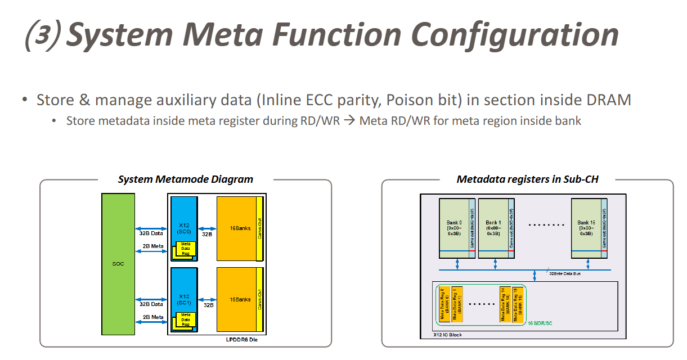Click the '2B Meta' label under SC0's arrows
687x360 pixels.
coord(153,246)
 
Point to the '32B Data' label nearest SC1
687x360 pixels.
coord(152,304)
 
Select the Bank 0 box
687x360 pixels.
coord(454,228)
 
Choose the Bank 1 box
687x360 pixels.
coord(493,228)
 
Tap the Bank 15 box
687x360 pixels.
coord(586,228)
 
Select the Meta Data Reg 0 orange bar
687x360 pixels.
coord(443,304)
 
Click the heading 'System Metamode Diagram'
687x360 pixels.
coord(185,179)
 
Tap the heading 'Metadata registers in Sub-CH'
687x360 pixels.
coord(527,179)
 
